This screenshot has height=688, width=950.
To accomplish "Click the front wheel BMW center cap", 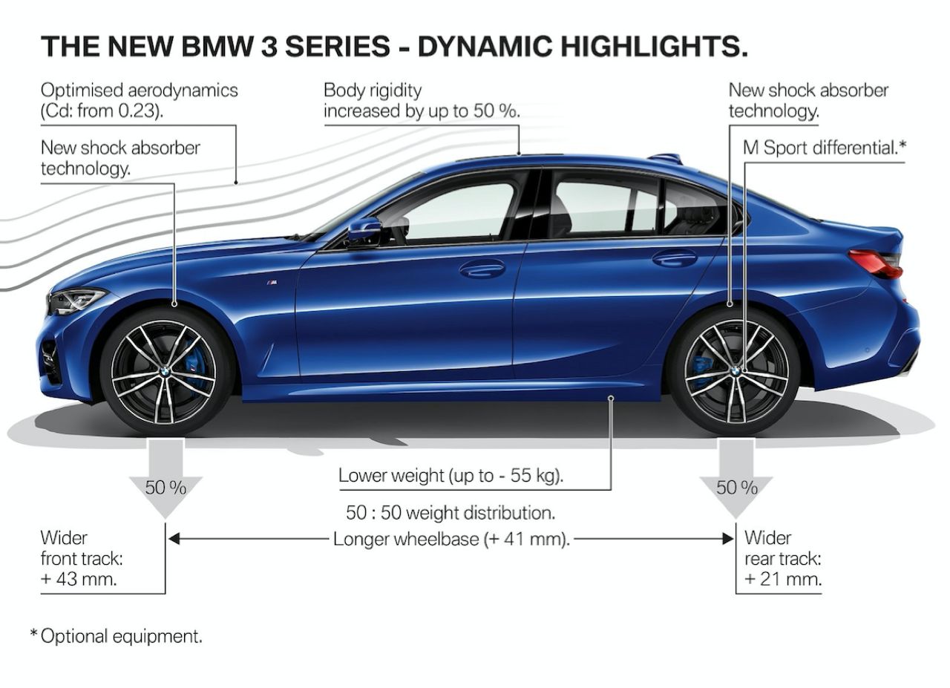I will [x=165, y=371].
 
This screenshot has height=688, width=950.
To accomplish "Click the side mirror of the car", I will [x=364, y=231].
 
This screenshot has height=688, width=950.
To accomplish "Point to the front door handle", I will [x=482, y=268].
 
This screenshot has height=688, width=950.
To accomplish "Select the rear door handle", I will [x=675, y=258].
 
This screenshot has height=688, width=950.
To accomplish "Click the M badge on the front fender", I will [x=272, y=284].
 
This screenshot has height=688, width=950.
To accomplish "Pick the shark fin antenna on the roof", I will [x=665, y=158].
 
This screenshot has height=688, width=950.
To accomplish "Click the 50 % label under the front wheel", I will [x=165, y=487].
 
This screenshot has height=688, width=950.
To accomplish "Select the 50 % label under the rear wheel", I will [x=737, y=487].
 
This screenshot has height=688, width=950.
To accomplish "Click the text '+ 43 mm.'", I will [x=79, y=579].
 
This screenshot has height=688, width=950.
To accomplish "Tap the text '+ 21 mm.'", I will [x=783, y=579].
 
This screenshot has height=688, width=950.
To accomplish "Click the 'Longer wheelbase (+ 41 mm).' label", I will [x=451, y=539].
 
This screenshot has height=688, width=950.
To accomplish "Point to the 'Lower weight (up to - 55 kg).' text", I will [x=451, y=475].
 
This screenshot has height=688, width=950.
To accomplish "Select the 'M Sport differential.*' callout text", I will [x=824, y=147].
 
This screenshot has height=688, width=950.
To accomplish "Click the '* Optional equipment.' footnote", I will [x=116, y=636].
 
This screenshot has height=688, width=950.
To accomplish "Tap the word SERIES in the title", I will [x=338, y=46].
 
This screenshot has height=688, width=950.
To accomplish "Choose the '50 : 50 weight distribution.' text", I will [x=451, y=512].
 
